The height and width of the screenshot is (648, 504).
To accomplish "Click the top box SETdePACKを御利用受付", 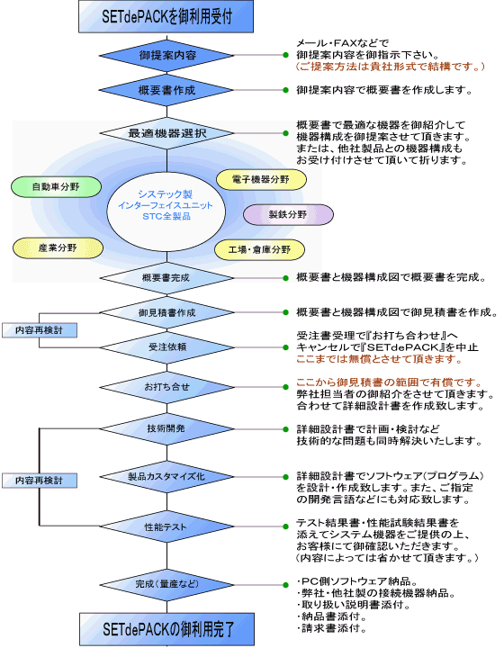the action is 166,16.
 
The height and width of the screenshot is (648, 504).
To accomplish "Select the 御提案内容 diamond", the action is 166,56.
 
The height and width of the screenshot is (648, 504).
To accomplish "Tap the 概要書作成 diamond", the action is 166,90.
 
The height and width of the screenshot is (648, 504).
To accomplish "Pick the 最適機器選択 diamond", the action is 166,133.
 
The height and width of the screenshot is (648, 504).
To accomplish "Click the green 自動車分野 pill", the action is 56,187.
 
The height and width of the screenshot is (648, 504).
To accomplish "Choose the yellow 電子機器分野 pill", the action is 261,180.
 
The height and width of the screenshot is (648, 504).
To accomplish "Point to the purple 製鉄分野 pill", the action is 288,214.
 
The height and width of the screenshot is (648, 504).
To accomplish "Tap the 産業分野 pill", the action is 58,248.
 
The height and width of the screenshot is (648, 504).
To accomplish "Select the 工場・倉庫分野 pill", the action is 259,249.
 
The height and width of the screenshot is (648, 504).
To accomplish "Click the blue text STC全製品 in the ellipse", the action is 166,216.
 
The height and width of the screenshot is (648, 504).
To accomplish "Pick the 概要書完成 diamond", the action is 166,278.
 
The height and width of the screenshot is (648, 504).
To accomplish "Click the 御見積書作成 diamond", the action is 166,313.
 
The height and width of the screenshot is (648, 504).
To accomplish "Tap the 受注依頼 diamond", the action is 166,347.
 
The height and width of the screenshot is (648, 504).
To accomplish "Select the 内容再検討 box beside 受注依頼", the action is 40,330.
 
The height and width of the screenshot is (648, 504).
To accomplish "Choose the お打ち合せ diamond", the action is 166,387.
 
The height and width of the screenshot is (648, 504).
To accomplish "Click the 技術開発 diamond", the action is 166,429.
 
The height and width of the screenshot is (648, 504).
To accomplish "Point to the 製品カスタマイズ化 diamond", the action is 166,477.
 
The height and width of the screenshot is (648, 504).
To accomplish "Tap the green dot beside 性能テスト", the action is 285,526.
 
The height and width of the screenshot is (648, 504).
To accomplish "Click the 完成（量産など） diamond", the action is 166,585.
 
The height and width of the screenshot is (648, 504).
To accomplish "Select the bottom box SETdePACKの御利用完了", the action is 166,629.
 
